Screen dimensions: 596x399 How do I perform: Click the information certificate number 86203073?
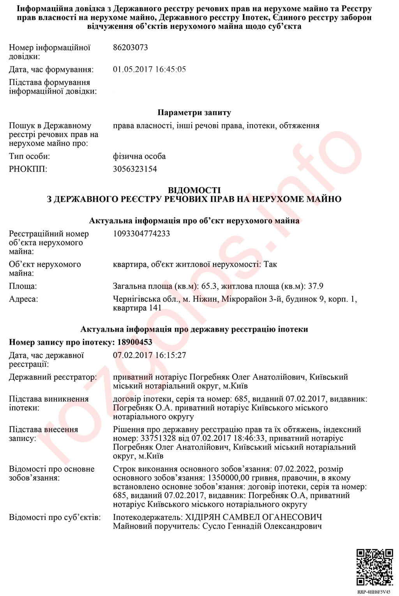[130, 48]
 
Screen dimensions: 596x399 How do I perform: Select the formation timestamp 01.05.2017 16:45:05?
[149, 69]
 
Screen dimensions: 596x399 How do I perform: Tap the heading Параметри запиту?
[194, 113]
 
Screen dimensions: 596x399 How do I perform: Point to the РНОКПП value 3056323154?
[135, 169]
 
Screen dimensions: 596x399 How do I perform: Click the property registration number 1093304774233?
[141, 234]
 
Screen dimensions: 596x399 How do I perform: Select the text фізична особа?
[139, 156]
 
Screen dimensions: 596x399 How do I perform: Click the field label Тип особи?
[30, 156]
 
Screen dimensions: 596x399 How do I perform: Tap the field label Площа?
[23, 286]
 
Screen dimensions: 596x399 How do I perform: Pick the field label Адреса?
[23, 299]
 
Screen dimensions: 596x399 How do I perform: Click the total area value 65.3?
[208, 286]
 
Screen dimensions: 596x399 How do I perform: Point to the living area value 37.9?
[316, 286]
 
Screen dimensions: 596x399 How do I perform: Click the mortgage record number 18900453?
[134, 342]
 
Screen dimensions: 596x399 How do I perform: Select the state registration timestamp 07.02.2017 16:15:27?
[149, 355]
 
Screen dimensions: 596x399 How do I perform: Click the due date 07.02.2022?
[295, 469]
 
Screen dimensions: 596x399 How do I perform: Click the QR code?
[375, 567]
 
